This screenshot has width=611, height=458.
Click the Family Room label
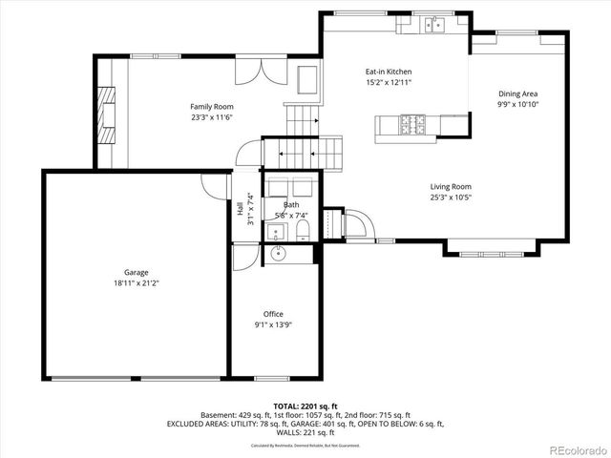(212, 106)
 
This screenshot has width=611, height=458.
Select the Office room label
(273, 314)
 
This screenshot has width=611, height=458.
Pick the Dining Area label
(517, 94)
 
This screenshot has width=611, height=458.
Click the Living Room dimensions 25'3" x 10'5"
(451, 198)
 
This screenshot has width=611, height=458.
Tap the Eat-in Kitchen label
(388, 72)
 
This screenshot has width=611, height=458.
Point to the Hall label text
(240, 209)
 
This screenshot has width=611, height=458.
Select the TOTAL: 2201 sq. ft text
(305, 406)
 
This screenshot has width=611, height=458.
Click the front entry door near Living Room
(354, 225)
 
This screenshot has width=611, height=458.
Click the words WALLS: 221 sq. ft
(305, 432)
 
